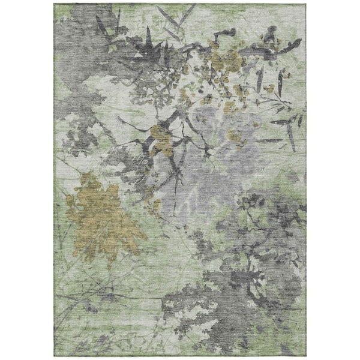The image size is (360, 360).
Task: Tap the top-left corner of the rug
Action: click(54, 4)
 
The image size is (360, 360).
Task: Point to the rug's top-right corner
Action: click(305, 4)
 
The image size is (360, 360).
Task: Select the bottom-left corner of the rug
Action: click(54, 355)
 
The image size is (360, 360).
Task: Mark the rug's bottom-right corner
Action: click(305, 355)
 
